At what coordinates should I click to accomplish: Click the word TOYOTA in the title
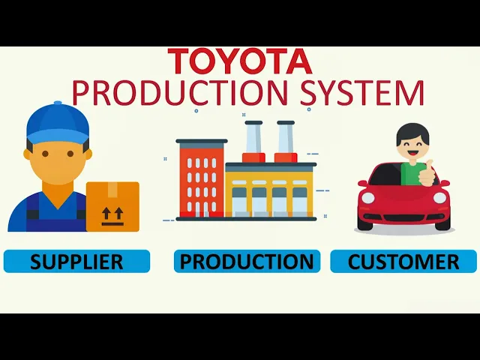[239, 61]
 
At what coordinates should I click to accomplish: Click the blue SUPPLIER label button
[76, 261]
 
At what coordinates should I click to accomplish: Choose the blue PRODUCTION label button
[247, 261]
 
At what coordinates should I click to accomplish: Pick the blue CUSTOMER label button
[403, 261]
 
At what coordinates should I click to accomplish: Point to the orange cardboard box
[112, 205]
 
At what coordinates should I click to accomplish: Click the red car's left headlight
[367, 199]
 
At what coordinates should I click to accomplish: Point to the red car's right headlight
[441, 199]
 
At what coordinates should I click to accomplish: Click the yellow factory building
[268, 191]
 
